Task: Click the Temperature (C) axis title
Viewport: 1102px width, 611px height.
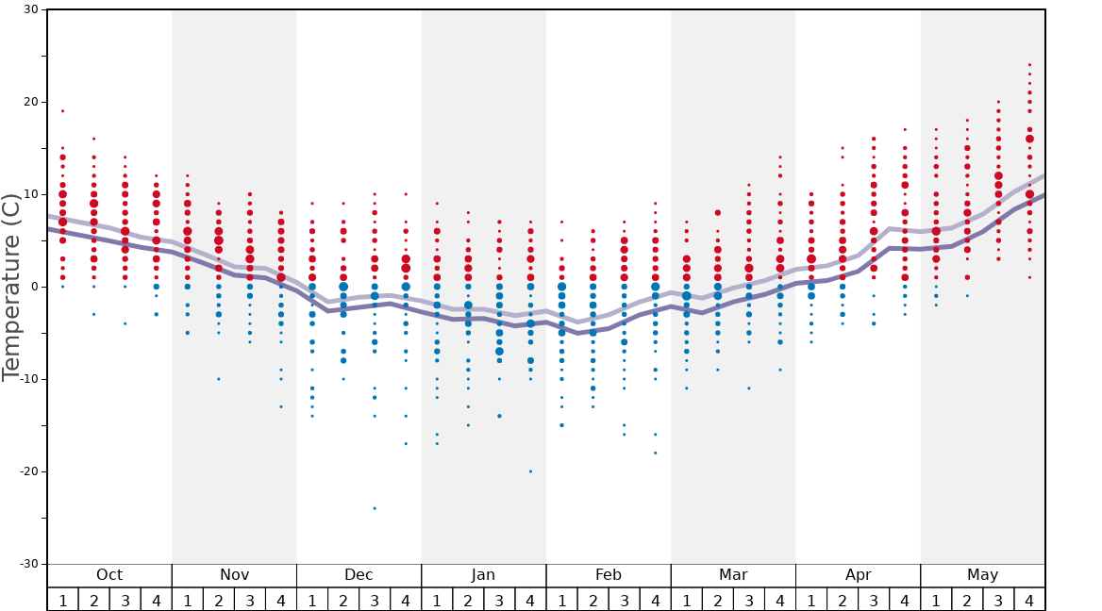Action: coord(11,288)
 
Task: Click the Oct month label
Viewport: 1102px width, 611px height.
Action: coord(109,575)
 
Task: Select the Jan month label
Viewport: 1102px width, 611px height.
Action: coord(483,575)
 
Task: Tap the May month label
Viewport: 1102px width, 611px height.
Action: coord(982,575)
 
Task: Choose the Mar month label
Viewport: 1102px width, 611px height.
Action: coord(733,575)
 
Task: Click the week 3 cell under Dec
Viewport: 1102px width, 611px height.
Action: coord(375,600)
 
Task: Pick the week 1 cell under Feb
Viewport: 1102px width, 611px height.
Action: coord(561,600)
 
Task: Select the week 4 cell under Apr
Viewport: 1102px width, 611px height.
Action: coord(905,600)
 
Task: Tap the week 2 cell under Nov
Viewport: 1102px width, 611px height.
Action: coord(219,600)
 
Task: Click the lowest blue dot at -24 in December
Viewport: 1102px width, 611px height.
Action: coord(375,508)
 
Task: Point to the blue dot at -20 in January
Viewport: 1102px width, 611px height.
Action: coord(530,471)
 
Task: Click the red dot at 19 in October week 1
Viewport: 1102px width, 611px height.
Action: coord(62,111)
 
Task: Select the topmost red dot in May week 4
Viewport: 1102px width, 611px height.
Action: coord(1029,65)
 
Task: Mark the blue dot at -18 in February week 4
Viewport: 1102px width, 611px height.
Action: coord(656,453)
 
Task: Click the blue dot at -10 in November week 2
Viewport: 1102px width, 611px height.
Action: coord(219,379)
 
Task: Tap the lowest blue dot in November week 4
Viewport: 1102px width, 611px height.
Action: coord(281,406)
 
